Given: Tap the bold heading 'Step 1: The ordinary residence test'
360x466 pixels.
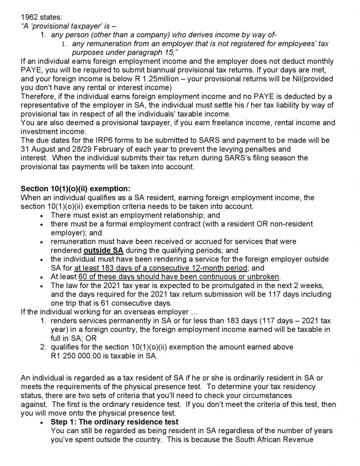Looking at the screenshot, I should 115,422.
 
